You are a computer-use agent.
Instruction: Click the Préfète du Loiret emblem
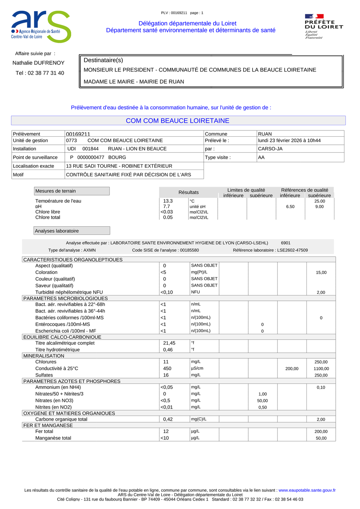click(x=324, y=26)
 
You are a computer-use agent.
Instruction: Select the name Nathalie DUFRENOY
click(x=38, y=63)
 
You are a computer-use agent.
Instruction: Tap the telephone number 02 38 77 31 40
click(x=40, y=73)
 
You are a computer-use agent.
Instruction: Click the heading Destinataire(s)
click(x=103, y=60)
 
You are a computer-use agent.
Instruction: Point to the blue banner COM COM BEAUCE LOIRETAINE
click(x=178, y=121)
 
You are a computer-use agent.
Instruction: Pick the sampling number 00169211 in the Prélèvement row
click(x=78, y=134)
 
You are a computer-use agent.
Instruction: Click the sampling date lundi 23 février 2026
click(x=289, y=141)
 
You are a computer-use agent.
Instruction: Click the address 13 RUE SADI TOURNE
click(x=119, y=166)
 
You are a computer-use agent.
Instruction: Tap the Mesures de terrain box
click(x=72, y=191)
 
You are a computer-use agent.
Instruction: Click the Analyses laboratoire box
click(x=72, y=231)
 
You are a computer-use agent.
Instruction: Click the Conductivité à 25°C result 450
click(x=167, y=369)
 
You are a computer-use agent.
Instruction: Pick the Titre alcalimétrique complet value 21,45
click(x=169, y=343)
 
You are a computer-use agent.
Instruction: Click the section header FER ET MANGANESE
click(x=48, y=425)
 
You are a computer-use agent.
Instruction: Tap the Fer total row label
click(x=44, y=432)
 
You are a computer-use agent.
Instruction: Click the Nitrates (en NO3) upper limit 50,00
click(x=262, y=401)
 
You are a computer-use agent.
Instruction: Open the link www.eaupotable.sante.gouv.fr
click(x=307, y=490)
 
